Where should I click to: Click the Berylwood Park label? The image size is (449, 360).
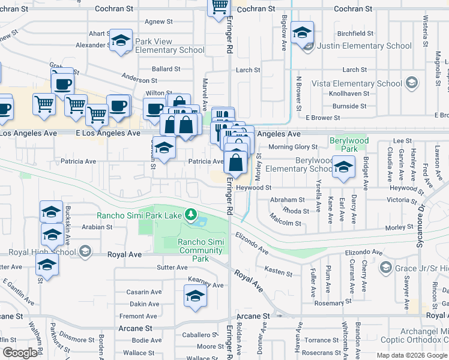[349, 144]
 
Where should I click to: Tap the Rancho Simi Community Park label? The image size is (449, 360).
[200, 250]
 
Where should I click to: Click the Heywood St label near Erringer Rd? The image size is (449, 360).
[255, 188]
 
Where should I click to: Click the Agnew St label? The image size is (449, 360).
[158, 22]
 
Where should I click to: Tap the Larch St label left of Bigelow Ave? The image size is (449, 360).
[248, 70]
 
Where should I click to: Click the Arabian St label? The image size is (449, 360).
[97, 227]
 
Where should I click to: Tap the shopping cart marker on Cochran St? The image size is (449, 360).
[220, 7]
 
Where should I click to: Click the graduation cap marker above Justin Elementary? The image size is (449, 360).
[302, 32]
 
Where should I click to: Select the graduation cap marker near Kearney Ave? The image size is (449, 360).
[195, 296]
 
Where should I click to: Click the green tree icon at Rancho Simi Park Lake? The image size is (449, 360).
[191, 214]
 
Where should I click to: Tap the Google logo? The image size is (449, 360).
[20, 353]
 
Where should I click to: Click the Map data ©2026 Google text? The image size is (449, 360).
[411, 355]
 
